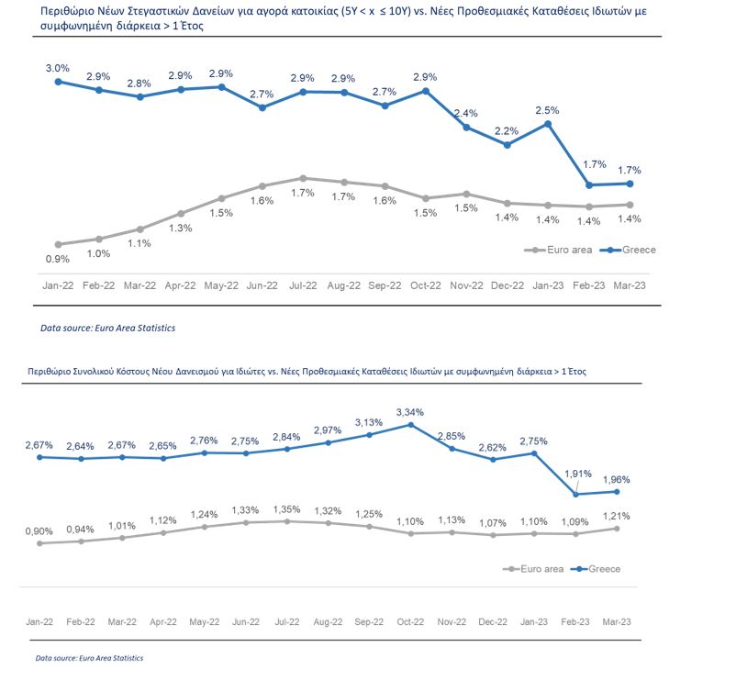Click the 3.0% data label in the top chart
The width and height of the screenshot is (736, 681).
(58, 68)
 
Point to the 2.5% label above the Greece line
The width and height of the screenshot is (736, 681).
(548, 110)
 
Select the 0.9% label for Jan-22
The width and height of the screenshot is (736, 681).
(58, 261)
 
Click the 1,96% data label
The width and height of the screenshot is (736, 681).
(616, 478)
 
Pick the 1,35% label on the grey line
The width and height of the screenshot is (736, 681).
(288, 508)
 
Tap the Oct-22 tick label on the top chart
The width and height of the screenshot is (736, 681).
(425, 286)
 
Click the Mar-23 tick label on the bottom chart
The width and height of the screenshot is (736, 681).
(615, 621)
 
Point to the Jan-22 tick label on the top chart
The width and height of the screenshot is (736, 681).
(58, 286)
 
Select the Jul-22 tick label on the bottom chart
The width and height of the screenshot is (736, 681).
(287, 621)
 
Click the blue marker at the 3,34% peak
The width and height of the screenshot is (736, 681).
(410, 425)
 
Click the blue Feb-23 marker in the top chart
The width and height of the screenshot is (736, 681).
(588, 184)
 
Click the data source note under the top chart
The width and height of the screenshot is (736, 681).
(107, 328)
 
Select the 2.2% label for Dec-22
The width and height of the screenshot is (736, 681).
(507, 130)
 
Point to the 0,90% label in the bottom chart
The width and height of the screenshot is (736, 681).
(39, 530)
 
